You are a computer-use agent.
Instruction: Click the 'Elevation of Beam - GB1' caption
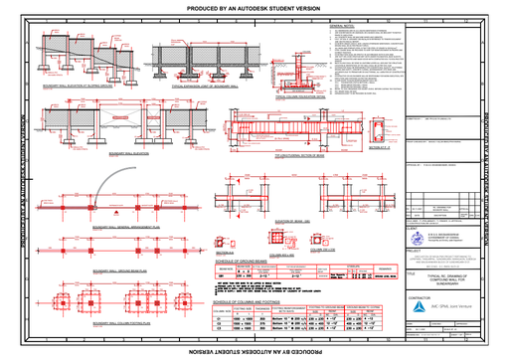[x=289, y=218]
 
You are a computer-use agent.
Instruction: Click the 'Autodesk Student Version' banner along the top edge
[x=254, y=7]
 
